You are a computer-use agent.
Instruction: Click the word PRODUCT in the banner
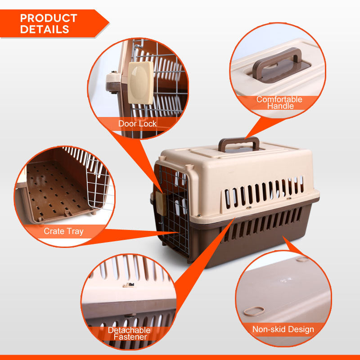[x=49, y=18]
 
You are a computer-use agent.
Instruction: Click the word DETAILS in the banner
[x=45, y=30]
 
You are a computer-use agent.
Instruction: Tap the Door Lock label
[x=137, y=123]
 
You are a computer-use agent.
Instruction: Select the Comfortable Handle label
[x=279, y=103]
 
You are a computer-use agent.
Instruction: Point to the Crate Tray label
[x=63, y=231]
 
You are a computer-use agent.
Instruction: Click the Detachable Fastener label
[x=129, y=333]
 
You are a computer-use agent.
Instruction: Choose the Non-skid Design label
[x=283, y=329]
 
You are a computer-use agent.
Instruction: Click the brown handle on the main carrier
[x=239, y=144]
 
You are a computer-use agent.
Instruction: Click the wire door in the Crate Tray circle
[x=97, y=180]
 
